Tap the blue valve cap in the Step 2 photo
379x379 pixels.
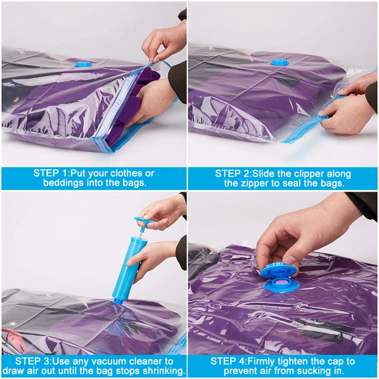(280, 62)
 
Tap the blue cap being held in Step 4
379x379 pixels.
(279, 270)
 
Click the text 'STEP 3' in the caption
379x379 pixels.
(31, 361)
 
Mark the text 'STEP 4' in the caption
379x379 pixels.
(226, 361)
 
